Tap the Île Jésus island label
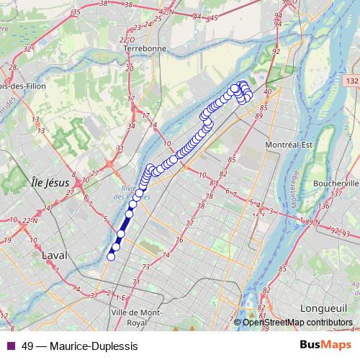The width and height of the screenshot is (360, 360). (x=50, y=182)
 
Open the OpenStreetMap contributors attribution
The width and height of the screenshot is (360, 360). (x=297, y=322)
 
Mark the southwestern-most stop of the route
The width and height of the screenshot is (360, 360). (x=111, y=256)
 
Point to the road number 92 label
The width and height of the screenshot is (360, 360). (x=276, y=53)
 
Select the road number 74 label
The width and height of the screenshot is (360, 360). (x=166, y=255)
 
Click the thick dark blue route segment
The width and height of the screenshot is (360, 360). (x=123, y=226)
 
